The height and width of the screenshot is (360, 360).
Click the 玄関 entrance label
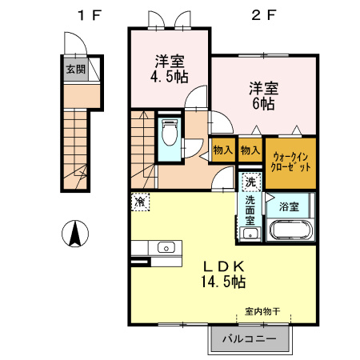coord(76,70)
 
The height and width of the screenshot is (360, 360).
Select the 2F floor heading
coord(263,15)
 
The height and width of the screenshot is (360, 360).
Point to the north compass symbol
coord(75,234)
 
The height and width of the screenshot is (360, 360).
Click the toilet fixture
coord(170,133)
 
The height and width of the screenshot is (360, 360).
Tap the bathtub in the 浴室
coord(291,230)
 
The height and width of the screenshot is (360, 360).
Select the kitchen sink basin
coord(166,247)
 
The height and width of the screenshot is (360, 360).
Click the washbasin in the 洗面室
coord(250,234)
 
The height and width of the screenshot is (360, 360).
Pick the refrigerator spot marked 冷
coord(140,202)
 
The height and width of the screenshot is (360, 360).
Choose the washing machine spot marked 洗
coord(250,182)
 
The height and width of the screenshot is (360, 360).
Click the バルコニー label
coord(250,339)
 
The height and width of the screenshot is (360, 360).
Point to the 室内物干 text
coord(262,311)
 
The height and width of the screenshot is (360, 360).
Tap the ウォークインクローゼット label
coord(290,162)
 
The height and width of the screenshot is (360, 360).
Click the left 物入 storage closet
coord(223,150)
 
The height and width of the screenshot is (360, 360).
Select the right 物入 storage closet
coord(250,150)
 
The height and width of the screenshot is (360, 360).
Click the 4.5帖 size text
coord(170,77)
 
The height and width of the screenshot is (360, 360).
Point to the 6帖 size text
coord(263,104)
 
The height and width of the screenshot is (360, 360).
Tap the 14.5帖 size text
coord(223,282)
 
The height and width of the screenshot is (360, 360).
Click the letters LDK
coord(224,266)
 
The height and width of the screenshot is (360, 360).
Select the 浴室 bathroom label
coord(289,206)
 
